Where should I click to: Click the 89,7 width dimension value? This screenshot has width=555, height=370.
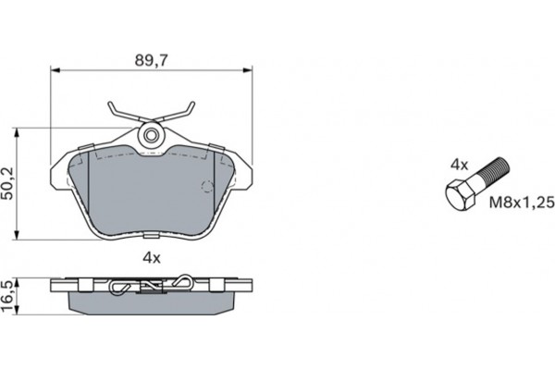tap(151, 61)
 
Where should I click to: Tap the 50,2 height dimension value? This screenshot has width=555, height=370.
tap(7, 183)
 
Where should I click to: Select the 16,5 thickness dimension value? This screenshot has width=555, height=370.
tap(7, 296)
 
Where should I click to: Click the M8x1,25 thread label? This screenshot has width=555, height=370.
tap(522, 203)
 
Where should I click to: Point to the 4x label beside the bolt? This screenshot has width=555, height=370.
tap(459, 165)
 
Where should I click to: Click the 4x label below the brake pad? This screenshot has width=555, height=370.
tap(152, 258)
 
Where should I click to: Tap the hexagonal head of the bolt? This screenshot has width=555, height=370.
tap(460, 196)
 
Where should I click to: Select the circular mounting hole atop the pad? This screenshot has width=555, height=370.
tap(152, 134)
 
